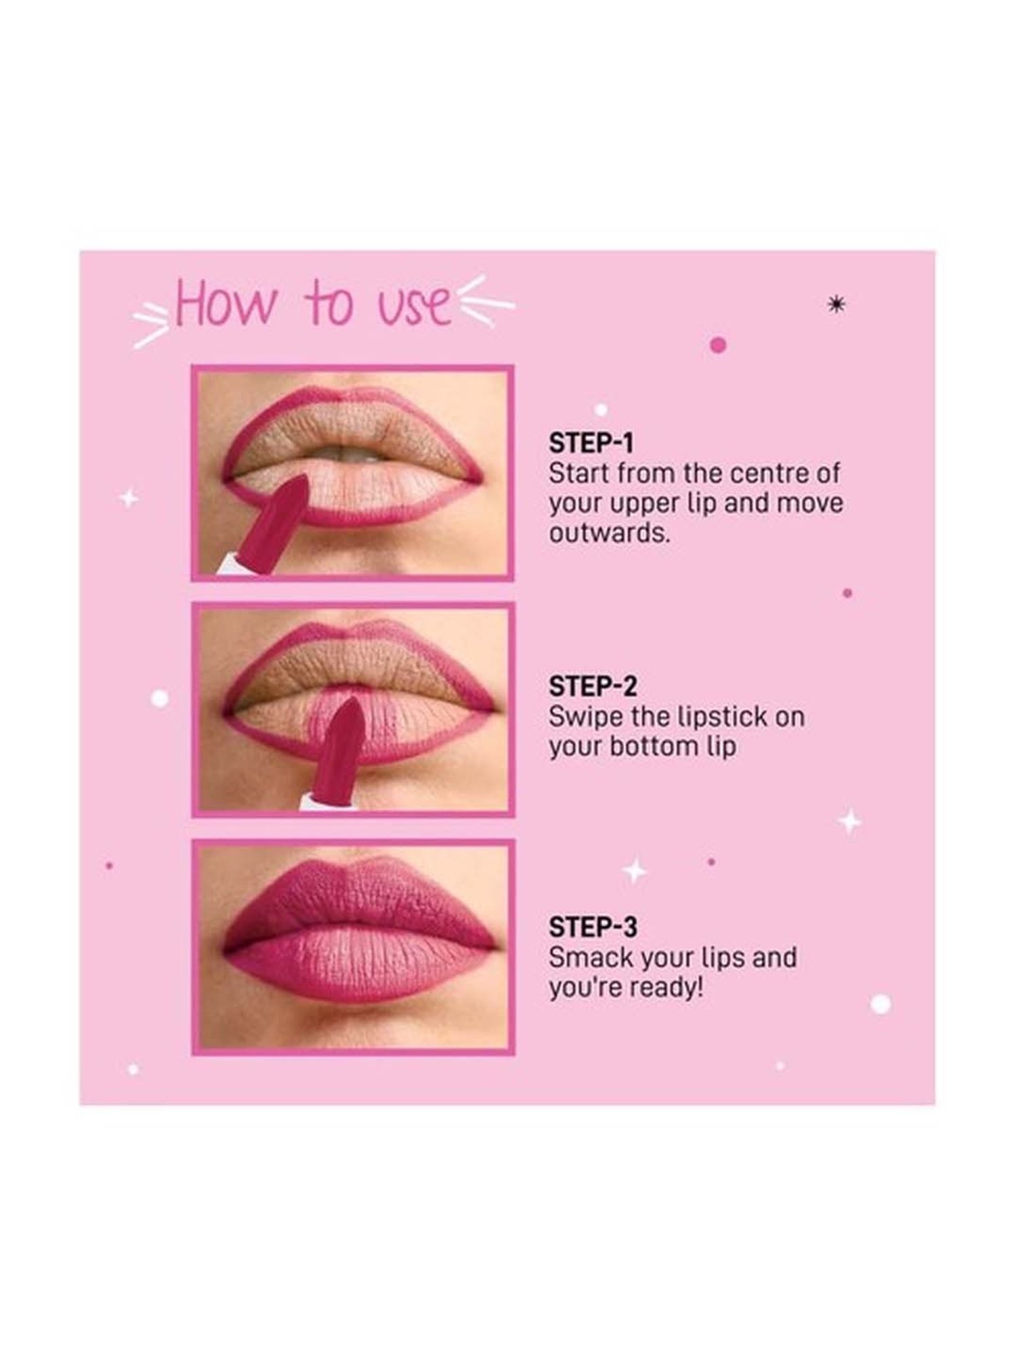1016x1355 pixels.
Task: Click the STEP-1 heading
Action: (x=591, y=443)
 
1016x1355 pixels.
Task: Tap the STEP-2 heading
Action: (x=593, y=686)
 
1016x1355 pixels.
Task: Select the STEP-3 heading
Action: (x=593, y=927)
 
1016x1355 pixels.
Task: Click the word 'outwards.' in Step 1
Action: (x=609, y=534)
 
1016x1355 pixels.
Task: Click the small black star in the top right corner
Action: (x=837, y=306)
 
